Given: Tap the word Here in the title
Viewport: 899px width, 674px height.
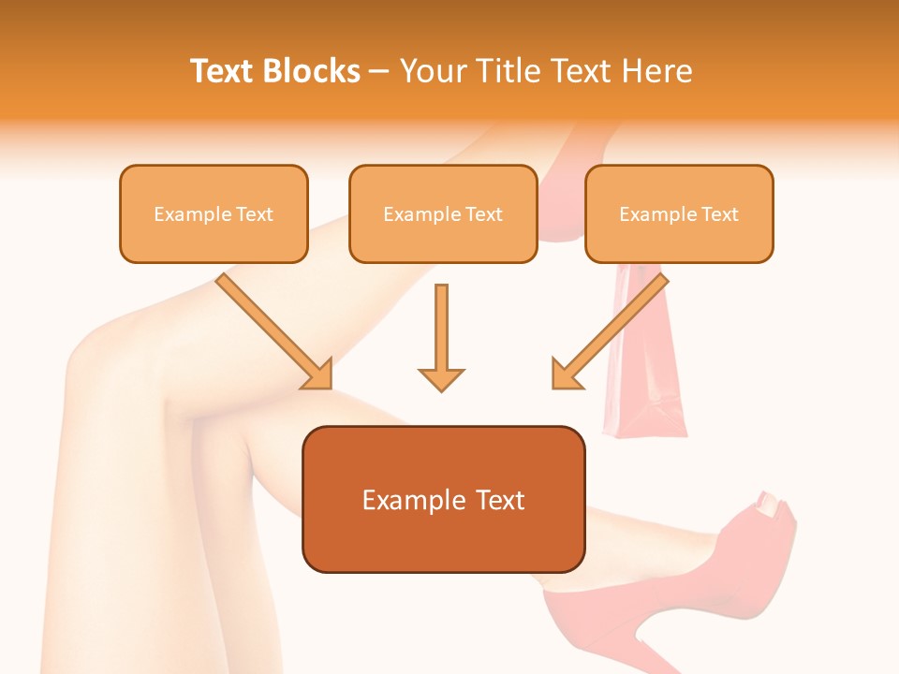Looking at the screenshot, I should [657, 71].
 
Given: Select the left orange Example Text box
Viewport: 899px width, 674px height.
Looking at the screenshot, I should [214, 213].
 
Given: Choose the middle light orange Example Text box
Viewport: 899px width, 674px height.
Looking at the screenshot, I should [443, 213].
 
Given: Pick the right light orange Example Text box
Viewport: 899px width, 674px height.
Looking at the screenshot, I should [679, 213].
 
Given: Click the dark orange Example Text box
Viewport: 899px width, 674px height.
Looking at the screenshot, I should [443, 499].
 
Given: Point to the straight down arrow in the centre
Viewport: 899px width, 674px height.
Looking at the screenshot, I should [441, 337].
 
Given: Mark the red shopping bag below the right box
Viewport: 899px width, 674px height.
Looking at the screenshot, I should [646, 374].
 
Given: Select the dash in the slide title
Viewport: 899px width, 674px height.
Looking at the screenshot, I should [379, 72].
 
